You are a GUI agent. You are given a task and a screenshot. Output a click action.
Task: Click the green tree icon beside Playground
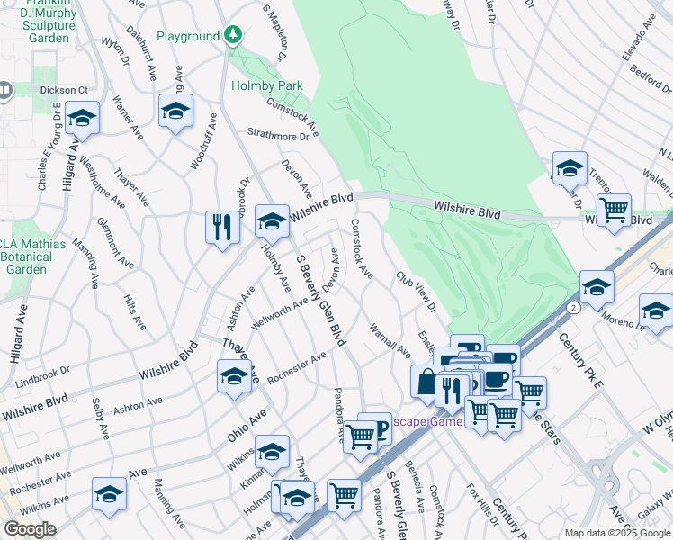point(234,36)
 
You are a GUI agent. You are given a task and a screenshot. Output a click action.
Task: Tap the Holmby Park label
point(266,85)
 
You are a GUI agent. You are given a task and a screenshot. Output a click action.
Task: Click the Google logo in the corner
point(29,529)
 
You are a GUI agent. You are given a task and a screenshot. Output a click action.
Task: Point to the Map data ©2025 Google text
point(616,533)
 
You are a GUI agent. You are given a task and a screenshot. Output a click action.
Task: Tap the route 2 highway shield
point(572,307)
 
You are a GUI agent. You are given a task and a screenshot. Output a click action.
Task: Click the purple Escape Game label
point(426,421)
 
